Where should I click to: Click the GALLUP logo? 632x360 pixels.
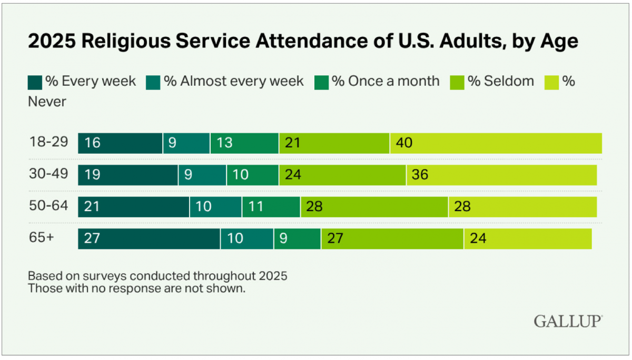[568, 321]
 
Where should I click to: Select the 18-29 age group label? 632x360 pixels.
[49, 142]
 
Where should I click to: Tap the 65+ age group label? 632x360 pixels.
[42, 237]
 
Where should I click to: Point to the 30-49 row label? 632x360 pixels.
[49, 174]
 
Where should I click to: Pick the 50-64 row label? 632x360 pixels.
[49, 205]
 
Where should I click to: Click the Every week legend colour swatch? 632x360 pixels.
[35, 82]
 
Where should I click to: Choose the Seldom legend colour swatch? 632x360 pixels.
[458, 82]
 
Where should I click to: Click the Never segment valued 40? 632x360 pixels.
[496, 143]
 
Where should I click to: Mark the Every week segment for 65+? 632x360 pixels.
[149, 238]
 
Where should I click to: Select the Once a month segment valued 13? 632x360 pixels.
[244, 143]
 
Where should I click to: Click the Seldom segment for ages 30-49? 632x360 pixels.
[342, 175]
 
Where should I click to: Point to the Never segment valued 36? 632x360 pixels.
[501, 175]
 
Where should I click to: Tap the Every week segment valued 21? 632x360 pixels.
[134, 207]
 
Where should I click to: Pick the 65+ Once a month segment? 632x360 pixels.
[297, 238]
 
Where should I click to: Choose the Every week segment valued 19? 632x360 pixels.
[128, 175]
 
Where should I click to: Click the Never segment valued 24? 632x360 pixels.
[528, 238]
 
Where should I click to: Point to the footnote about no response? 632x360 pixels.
[136, 288]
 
